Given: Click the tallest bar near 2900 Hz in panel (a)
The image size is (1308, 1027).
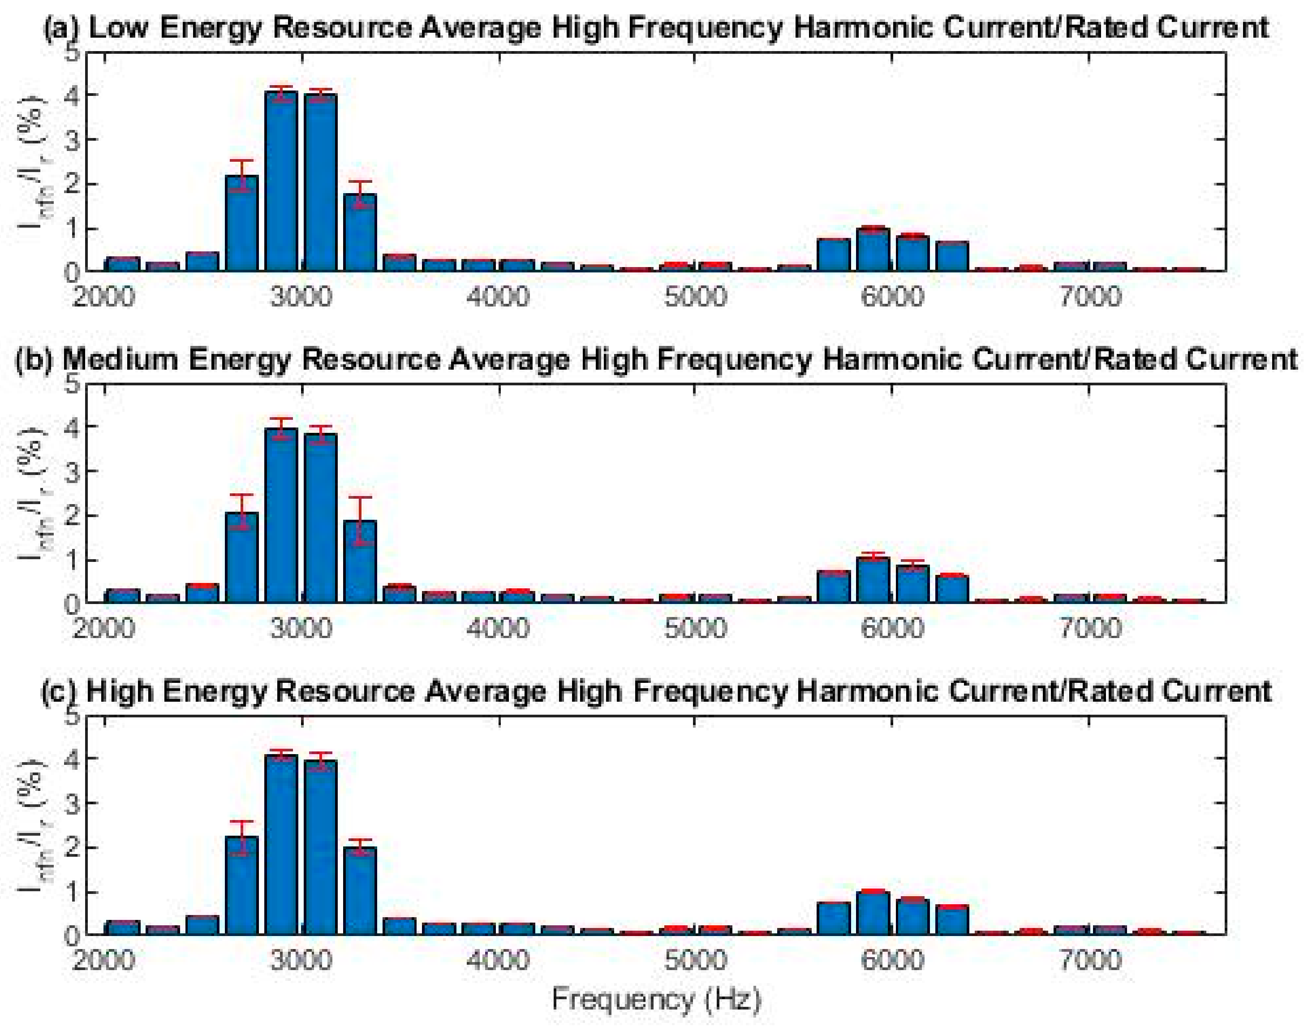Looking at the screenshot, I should (281, 181).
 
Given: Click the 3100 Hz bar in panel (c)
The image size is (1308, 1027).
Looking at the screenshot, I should (320, 848).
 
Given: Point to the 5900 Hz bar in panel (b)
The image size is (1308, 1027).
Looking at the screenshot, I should (873, 580).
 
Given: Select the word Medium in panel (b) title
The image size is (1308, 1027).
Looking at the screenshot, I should (120, 359).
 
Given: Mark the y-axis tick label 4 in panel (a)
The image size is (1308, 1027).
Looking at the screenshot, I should (72, 95).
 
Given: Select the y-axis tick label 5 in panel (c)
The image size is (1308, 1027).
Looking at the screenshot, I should (72, 716).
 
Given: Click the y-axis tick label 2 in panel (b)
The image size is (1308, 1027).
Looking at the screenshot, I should (72, 516).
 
